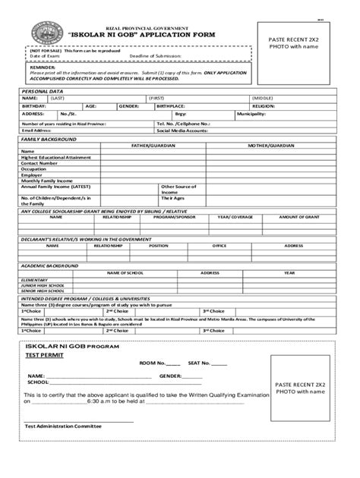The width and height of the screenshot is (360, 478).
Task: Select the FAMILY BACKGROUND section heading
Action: click(x=48, y=140)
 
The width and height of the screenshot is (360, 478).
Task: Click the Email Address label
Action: click(x=36, y=131)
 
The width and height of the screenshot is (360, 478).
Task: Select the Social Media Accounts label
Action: click(x=182, y=131)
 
